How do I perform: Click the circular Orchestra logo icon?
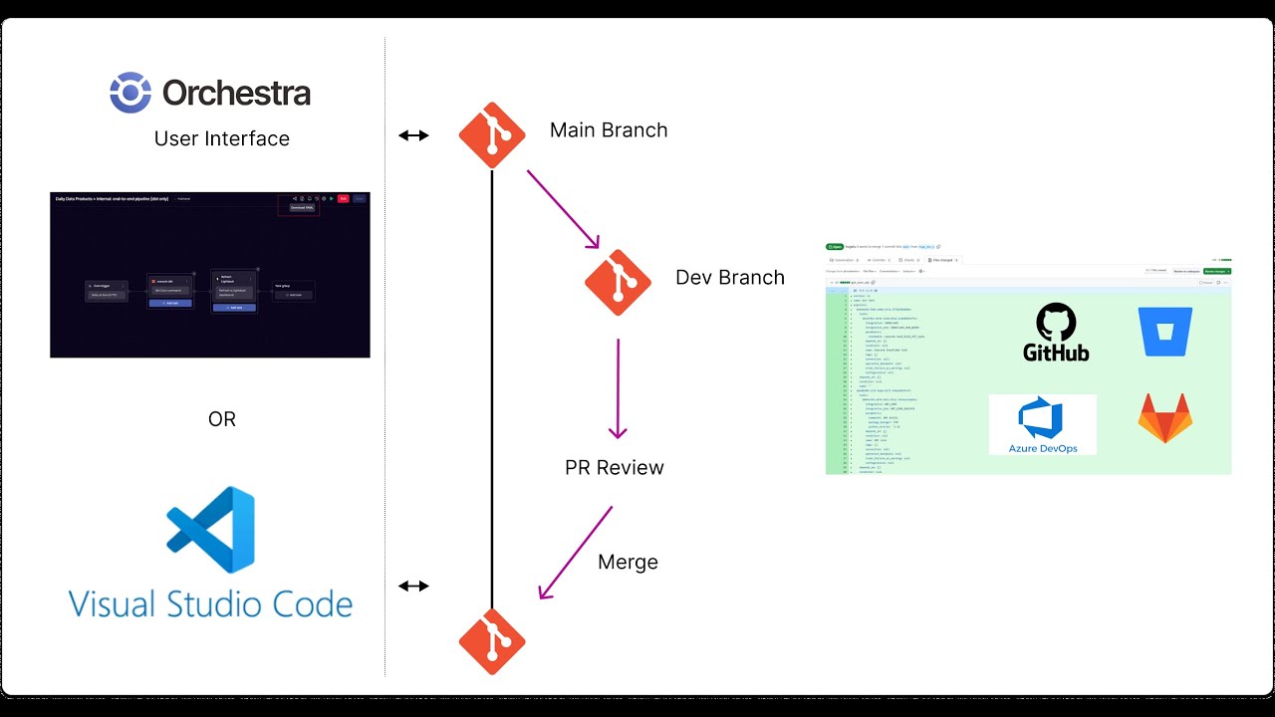click(130, 93)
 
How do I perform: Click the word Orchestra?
click(237, 94)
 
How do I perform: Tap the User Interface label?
click(222, 139)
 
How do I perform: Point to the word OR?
click(222, 419)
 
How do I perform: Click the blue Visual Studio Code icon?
click(211, 530)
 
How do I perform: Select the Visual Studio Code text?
click(210, 603)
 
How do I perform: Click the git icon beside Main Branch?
click(492, 134)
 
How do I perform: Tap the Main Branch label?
click(609, 130)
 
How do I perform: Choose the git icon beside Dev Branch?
click(618, 282)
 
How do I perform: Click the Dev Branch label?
click(730, 278)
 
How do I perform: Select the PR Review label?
click(615, 468)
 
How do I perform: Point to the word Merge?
click(628, 563)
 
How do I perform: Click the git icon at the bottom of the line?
click(492, 640)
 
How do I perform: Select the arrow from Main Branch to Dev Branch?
click(564, 209)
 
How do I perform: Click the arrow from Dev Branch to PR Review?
click(618, 388)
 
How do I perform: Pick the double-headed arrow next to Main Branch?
click(413, 135)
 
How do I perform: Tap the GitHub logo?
click(1056, 333)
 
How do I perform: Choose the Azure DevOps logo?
click(1042, 424)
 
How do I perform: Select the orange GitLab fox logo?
click(1165, 418)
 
